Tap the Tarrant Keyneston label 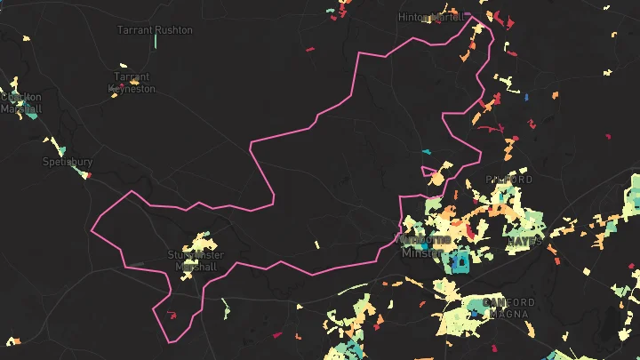pos(132,83)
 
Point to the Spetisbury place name pos(68,162)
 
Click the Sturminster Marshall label pos(196,260)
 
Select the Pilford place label pos(509,180)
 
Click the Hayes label pos(524,241)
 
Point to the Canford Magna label pos(508,308)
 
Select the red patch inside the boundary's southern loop pos(172,314)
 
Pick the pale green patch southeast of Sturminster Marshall pos(225,309)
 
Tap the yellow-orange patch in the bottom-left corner pos(12,340)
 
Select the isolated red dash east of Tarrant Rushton pos(310,49)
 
